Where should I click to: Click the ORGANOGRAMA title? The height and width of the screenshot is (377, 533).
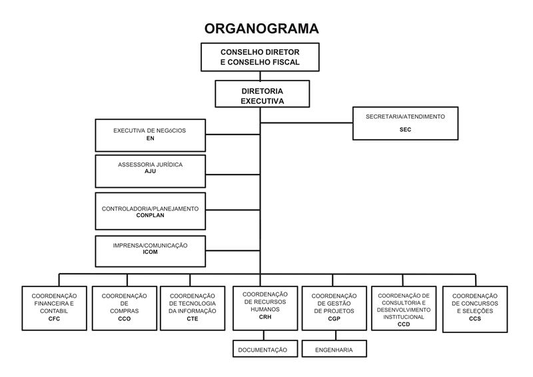[261, 28]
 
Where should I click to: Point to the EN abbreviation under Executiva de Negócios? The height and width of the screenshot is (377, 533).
[150, 138]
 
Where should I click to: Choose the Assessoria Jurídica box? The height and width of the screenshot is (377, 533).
[150, 171]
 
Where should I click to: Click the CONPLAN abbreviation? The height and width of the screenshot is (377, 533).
[150, 215]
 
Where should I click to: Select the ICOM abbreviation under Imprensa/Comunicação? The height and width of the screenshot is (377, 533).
[150, 252]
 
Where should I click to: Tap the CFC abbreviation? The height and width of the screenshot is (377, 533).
[55, 319]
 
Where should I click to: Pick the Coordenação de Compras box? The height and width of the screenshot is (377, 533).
[125, 308]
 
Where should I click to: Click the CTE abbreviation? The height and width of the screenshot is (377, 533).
[193, 319]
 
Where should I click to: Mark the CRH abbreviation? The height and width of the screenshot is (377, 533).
[265, 318]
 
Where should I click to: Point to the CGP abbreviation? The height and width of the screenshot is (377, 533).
[334, 319]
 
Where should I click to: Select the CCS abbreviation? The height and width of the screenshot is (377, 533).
[474, 319]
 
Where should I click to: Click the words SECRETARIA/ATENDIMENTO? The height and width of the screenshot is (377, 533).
[405, 117]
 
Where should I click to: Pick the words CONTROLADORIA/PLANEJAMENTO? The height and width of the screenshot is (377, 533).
[150, 208]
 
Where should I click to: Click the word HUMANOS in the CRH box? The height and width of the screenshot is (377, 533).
[265, 310]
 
